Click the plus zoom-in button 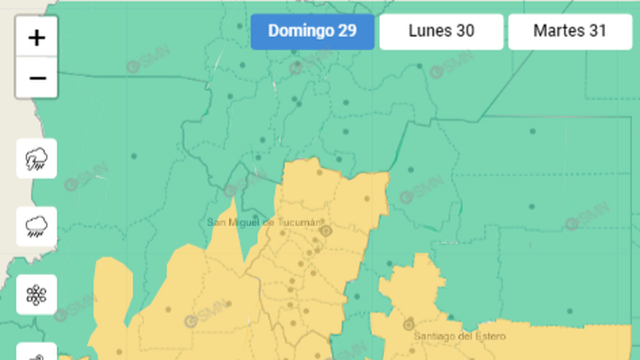click(x=36, y=38)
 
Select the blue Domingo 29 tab click(x=313, y=31)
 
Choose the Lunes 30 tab click(x=441, y=31)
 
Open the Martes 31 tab click(x=570, y=31)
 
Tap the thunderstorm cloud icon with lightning click(x=37, y=158)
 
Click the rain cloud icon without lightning click(x=37, y=227)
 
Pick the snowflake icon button click(x=37, y=294)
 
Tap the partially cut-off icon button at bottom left click(x=37, y=353)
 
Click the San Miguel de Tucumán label click(x=264, y=222)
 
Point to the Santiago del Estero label click(x=460, y=337)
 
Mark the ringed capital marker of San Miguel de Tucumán click(x=326, y=231)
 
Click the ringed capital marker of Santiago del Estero click(x=409, y=324)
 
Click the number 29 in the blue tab click(x=347, y=31)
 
